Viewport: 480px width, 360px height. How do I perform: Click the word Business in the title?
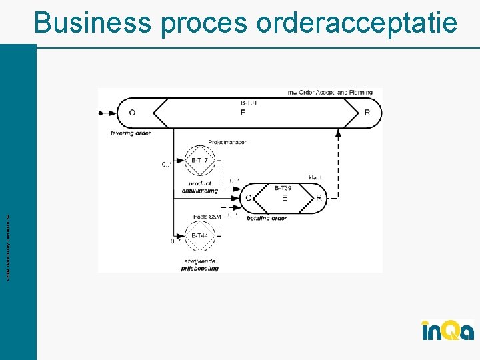[93, 23]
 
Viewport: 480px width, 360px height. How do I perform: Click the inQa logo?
[447, 330]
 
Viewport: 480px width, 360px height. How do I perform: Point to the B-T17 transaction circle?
[199, 161]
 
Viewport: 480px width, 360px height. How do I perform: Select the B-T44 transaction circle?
[199, 236]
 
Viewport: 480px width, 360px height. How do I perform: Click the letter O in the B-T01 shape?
[132, 113]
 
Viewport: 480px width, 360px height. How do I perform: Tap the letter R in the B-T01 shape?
[367, 113]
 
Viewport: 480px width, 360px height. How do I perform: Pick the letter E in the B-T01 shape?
[243, 113]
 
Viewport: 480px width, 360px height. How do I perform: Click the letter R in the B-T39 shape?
[319, 198]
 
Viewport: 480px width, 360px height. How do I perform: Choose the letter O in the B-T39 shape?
[249, 198]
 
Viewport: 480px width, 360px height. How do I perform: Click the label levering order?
[131, 133]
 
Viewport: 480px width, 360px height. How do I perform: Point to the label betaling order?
[267, 218]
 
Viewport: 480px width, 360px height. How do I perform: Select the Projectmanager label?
[227, 142]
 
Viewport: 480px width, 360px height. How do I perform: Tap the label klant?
[315, 177]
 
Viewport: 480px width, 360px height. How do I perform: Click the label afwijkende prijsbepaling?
[199, 265]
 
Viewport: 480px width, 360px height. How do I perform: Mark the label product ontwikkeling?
[199, 187]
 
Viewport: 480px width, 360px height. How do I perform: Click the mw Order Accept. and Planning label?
[330, 93]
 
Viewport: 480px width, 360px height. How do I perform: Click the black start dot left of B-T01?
[101, 113]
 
